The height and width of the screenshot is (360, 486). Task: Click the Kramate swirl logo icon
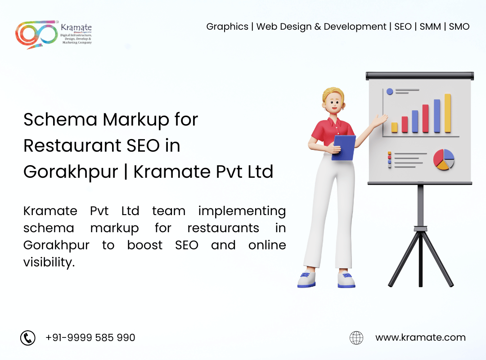(x=36, y=34)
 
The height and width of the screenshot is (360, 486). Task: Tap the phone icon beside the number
(x=28, y=337)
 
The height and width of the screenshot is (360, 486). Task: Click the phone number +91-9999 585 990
(x=90, y=337)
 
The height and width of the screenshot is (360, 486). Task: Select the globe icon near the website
(x=356, y=337)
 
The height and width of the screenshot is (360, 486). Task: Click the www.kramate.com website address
(x=420, y=337)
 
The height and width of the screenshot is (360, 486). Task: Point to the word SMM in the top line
(x=430, y=27)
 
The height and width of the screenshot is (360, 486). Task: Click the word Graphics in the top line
(x=227, y=27)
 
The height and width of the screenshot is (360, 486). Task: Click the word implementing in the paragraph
(x=242, y=211)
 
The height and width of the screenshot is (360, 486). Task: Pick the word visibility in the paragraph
(x=49, y=262)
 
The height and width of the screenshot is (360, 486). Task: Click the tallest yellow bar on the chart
(x=448, y=113)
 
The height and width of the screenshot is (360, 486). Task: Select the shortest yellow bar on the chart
(x=395, y=127)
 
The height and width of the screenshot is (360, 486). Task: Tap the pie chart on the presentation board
(x=444, y=159)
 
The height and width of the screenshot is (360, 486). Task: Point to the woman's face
(x=334, y=103)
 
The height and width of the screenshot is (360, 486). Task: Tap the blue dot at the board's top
(x=390, y=91)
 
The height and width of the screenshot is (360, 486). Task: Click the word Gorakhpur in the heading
(x=71, y=172)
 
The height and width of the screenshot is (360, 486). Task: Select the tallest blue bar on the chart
(x=437, y=116)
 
